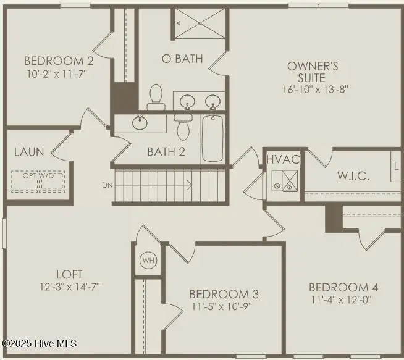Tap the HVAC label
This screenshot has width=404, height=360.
[x=284, y=159]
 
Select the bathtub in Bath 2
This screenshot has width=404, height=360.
[x=212, y=140]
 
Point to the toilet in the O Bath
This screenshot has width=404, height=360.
[x=155, y=96]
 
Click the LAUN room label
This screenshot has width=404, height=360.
[x=28, y=151]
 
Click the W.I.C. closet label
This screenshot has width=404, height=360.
[x=353, y=176]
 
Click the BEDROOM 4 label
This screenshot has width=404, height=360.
[x=343, y=287]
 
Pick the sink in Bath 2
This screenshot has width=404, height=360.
[x=140, y=122]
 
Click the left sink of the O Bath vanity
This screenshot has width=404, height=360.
[x=185, y=100]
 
